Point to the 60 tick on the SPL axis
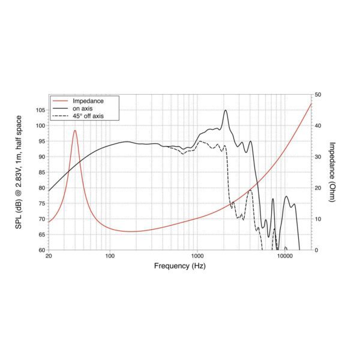pos(41,250)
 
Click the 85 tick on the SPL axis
pos(41,172)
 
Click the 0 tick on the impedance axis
pos(316,250)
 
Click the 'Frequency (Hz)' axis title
pos(180,266)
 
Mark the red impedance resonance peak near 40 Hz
pos(75,130)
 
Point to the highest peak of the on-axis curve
pos(226,110)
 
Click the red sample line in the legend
pos(60,100)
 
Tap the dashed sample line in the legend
pos(60,115)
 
